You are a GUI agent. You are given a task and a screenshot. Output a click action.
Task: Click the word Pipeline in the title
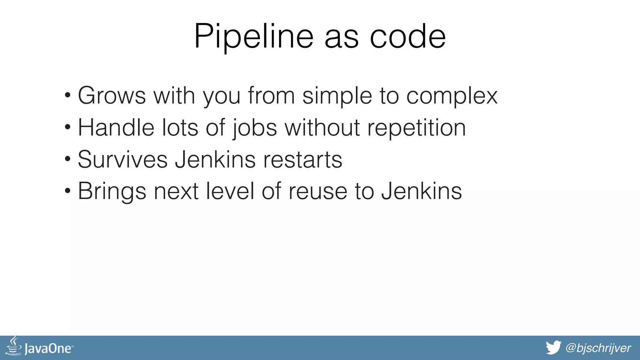[253, 37]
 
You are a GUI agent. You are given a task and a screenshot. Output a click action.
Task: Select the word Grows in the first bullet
[112, 95]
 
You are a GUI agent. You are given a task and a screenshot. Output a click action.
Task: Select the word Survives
[122, 159]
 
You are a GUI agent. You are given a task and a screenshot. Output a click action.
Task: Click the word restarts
[302, 160]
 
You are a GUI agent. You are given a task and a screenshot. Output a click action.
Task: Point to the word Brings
[112, 192]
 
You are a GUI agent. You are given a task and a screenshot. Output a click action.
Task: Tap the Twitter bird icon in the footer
[553, 348]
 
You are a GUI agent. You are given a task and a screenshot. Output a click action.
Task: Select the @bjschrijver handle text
[598, 348]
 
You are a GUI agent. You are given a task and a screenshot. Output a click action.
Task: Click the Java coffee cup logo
[14, 346]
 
